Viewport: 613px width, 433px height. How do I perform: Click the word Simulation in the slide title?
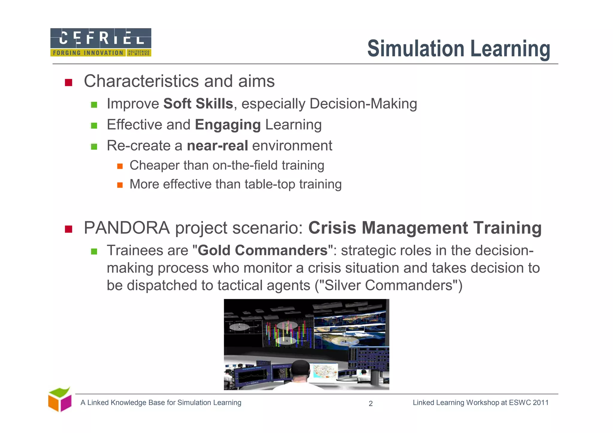point(416,48)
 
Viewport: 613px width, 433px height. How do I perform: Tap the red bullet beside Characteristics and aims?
point(69,82)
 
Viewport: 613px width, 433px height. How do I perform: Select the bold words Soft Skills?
point(198,104)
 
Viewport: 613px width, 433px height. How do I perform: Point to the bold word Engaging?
point(228,125)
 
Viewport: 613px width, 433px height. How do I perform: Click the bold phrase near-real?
point(217,146)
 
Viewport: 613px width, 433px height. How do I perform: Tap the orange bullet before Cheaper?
point(120,166)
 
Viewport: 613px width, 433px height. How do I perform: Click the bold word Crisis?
point(332,228)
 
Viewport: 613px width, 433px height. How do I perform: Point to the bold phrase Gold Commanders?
point(263,250)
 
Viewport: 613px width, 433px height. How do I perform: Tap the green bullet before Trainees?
point(94,251)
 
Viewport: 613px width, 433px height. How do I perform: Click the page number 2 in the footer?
point(371,404)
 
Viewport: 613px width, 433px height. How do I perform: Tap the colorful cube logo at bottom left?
point(60,400)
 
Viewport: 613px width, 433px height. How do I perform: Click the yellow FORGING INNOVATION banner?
point(88,53)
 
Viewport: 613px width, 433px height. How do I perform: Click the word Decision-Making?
point(363,104)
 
